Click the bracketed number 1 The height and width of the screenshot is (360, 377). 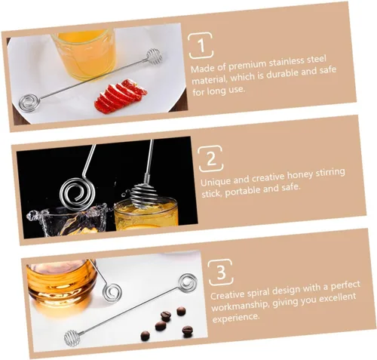tap(201, 45)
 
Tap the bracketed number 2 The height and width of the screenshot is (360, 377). tap(211, 158)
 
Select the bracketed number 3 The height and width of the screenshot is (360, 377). tap(221, 272)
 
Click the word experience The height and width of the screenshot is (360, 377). tap(236, 318)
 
